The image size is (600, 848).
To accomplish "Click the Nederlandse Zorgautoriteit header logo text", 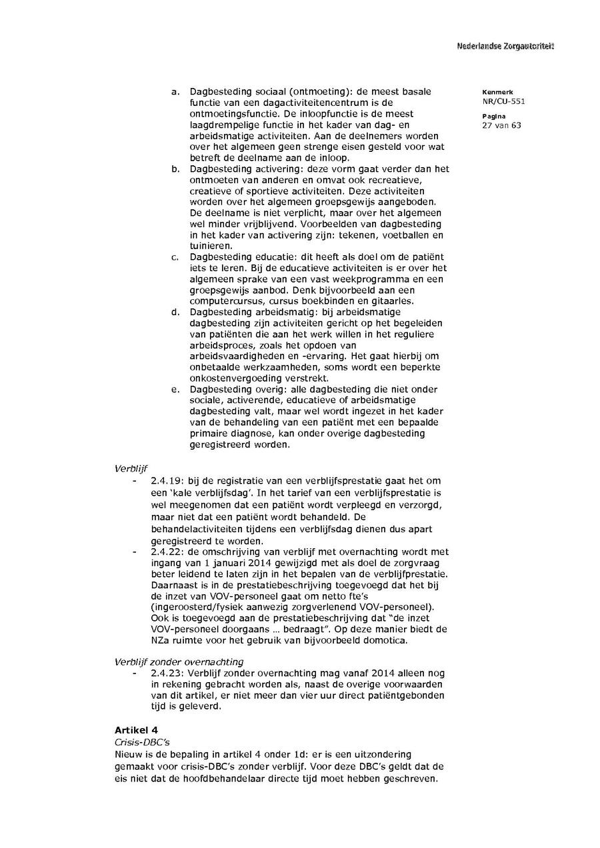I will tap(505, 46).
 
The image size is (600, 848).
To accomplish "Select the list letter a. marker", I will tap(175, 92).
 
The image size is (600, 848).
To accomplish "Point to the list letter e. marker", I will tap(175, 389).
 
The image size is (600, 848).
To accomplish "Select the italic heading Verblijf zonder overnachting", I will tap(179, 662).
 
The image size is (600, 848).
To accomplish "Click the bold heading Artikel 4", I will tap(136, 731).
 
